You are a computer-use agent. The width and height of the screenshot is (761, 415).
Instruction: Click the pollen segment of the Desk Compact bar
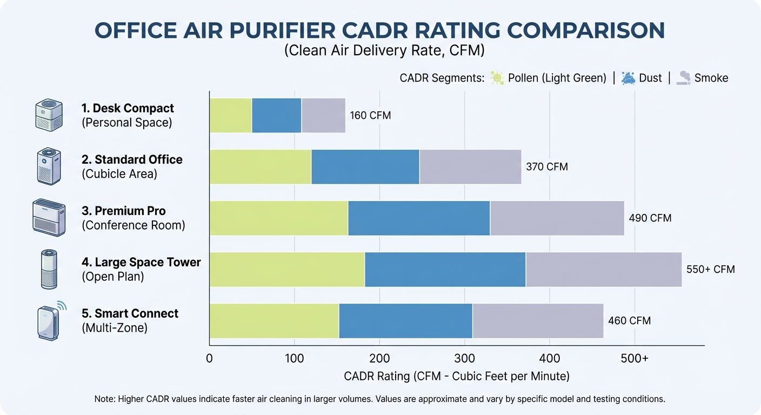pos(230,116)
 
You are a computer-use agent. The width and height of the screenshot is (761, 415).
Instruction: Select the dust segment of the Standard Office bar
pos(365,167)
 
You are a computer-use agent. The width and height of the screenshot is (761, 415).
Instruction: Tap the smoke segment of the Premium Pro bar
pos(557,218)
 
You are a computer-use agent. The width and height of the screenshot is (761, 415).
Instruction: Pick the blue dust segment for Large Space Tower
pos(445,270)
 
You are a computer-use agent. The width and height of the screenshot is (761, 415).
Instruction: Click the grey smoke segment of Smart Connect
pos(537,321)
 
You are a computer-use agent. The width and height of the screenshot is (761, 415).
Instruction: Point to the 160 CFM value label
pos(370,116)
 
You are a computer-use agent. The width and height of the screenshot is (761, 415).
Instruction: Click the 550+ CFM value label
pos(710,270)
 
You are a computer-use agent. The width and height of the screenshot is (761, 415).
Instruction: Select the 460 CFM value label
pos(629,321)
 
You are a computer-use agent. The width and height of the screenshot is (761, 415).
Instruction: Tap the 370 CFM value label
pos(547,167)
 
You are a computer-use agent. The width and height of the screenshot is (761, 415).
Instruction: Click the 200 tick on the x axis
pos(379,358)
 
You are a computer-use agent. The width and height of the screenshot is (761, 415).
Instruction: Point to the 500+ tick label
pos(635,358)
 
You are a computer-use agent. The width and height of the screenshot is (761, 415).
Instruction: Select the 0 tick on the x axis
pos(210,358)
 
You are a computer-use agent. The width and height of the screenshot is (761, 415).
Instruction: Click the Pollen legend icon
pos(497,78)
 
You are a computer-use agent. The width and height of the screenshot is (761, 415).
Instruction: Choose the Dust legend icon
pos(628,78)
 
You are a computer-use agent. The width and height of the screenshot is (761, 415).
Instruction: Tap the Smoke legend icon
pos(684,78)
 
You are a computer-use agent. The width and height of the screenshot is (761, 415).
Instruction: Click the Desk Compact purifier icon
pos(49,115)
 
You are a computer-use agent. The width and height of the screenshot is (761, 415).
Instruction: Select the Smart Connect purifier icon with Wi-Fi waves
pos(50,321)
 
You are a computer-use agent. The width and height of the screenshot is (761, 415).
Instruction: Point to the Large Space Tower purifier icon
pos(49,269)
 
